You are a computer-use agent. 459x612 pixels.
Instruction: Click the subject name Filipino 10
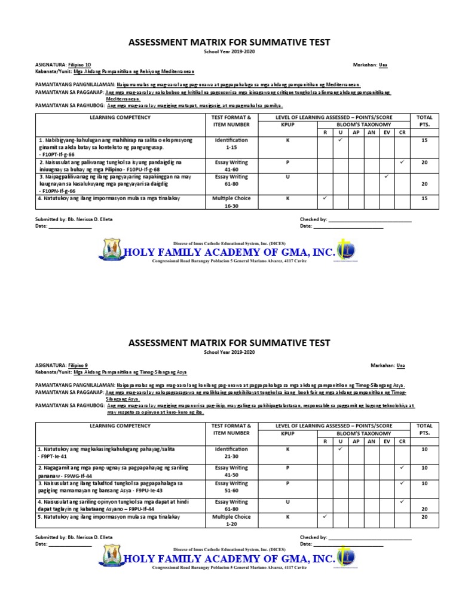(80, 64)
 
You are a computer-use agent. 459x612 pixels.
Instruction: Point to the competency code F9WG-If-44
(74, 475)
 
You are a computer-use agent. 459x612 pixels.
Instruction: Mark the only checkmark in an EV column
(387, 177)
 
